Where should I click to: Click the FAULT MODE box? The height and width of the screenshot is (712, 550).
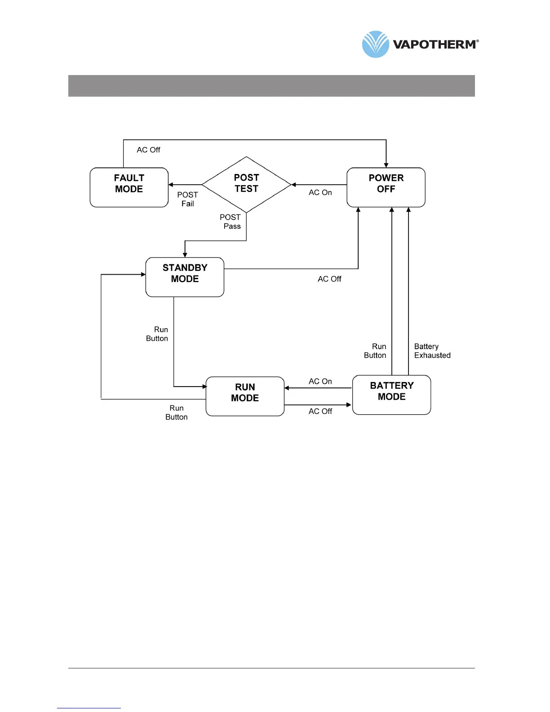click(x=129, y=187)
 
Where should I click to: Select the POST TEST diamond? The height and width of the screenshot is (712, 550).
click(x=246, y=184)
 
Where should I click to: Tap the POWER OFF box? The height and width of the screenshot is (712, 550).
click(x=386, y=187)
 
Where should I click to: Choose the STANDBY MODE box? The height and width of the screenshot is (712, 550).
click(x=185, y=277)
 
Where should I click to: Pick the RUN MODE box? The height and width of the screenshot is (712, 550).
click(x=245, y=396)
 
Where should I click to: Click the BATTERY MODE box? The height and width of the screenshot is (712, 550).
click(x=391, y=395)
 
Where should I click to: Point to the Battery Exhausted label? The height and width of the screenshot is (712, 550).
click(x=432, y=351)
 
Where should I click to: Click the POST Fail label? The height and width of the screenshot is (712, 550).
click(x=187, y=199)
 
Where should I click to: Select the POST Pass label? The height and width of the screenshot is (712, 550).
click(x=231, y=222)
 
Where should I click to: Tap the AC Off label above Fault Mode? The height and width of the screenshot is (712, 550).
click(x=148, y=150)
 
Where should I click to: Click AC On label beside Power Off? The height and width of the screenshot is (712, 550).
click(x=320, y=192)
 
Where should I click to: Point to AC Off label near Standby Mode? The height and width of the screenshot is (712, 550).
click(x=329, y=279)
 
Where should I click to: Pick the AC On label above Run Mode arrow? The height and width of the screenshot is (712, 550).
click(x=320, y=381)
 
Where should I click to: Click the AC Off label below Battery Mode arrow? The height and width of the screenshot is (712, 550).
click(x=320, y=411)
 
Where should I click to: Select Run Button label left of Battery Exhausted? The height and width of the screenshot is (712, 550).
click(x=375, y=351)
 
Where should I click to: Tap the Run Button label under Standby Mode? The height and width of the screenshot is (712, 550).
click(x=157, y=334)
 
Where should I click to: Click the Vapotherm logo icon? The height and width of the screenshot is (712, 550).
click(x=375, y=44)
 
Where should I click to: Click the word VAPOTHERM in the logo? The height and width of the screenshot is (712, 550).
click(x=434, y=44)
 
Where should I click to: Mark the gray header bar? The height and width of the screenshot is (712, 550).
click(x=271, y=86)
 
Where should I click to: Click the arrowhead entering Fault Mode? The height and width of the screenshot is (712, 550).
click(x=171, y=185)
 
